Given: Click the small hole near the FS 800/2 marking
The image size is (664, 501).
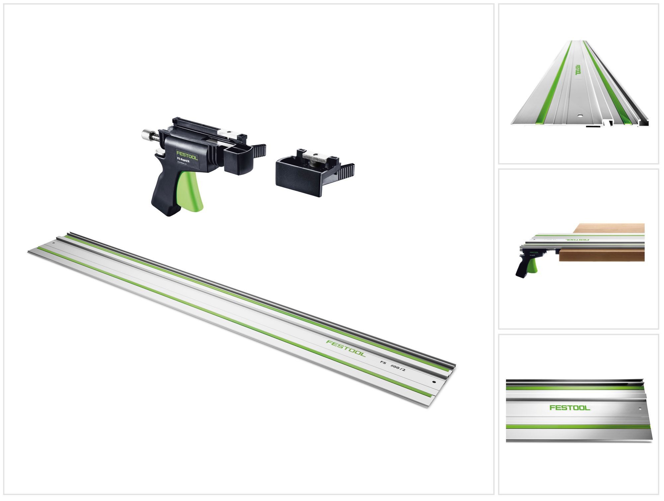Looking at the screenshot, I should (434, 382).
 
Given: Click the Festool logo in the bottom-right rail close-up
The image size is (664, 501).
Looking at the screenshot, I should (570, 407).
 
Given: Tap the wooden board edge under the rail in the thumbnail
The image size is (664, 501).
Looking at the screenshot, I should (601, 256).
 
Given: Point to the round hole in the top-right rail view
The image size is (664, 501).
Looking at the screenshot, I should (579, 116).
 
